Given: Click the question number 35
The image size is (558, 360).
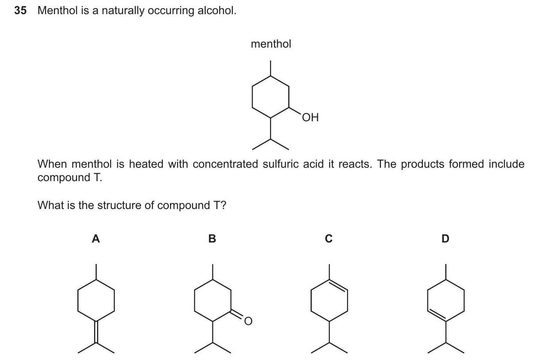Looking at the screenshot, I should pyautogui.click(x=20, y=10).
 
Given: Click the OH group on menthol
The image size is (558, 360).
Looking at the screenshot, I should pyautogui.click(x=310, y=118).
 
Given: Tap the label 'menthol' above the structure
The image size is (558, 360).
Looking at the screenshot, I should pyautogui.click(x=271, y=44).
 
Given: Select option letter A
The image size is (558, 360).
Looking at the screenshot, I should pyautogui.click(x=96, y=238).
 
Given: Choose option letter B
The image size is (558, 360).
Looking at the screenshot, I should pyautogui.click(x=212, y=238).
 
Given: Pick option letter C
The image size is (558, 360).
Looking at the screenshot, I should pyautogui.click(x=328, y=238).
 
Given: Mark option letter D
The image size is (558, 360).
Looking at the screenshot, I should pyautogui.click(x=445, y=238).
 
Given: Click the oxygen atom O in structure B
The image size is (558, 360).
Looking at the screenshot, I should pyautogui.click(x=248, y=321).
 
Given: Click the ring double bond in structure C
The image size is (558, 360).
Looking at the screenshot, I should pyautogui.click(x=339, y=286).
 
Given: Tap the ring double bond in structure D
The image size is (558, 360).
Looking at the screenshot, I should pyautogui.click(x=436, y=315).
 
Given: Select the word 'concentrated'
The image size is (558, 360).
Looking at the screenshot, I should pyautogui.click(x=225, y=164).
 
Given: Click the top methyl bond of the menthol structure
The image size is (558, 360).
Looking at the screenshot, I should pyautogui.click(x=270, y=68).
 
